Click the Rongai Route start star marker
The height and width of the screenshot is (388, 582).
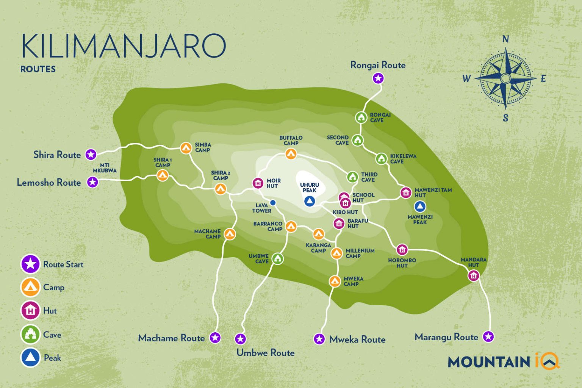(x=378, y=78)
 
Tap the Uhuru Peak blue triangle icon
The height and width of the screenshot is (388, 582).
(x=310, y=201)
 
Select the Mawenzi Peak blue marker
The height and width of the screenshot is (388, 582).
(x=419, y=207)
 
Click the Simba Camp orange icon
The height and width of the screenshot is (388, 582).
(x=186, y=148)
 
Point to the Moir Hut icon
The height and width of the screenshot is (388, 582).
(x=258, y=183)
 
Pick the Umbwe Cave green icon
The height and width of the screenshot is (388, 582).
(x=278, y=259)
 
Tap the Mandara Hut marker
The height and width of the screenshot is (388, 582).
(x=474, y=275)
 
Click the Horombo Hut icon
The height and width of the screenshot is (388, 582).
(x=402, y=250)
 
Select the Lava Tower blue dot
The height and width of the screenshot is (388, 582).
(x=273, y=203)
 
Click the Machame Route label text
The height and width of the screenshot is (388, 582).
(x=171, y=338)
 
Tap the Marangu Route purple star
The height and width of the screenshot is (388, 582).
(x=488, y=336)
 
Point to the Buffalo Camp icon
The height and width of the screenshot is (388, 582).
(x=291, y=154)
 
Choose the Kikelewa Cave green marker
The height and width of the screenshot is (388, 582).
(x=381, y=158)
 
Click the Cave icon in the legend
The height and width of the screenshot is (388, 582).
(x=30, y=334)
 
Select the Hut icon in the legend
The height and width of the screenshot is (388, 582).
(x=30, y=311)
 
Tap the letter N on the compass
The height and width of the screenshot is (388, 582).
(x=505, y=39)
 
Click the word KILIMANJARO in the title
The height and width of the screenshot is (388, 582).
(x=124, y=46)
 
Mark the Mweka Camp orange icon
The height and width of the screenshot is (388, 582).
(x=335, y=281)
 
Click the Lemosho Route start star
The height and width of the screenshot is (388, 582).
(x=92, y=182)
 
